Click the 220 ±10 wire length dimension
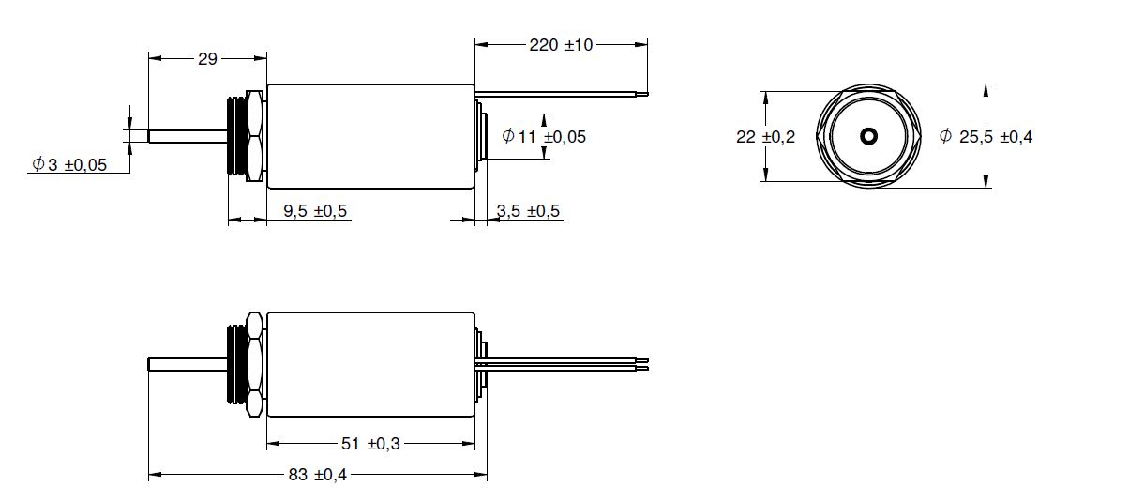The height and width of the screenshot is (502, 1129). point(561,45)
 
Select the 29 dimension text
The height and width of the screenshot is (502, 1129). point(207,59)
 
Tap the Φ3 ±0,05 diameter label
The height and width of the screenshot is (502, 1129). point(69,164)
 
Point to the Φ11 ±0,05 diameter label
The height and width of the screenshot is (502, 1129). point(544,136)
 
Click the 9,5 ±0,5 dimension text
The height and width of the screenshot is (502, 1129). point(315,210)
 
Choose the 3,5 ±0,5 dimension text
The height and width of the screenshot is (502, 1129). point(528,210)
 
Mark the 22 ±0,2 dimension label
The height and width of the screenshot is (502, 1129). point(765,137)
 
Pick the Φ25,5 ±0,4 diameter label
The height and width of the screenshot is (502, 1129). point(986,136)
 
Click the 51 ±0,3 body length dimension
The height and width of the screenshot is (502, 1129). point(370,444)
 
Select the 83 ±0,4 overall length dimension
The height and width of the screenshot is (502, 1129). point(318,474)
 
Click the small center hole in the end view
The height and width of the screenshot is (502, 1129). point(868,136)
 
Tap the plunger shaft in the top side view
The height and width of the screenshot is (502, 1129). point(188,136)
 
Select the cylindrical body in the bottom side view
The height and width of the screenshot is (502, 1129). point(370,364)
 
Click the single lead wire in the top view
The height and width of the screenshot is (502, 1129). point(561,94)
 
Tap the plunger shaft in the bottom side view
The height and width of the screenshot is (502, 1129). point(188,364)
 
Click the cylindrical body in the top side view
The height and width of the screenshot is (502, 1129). point(370,136)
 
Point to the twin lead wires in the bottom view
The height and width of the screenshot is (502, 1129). point(562,364)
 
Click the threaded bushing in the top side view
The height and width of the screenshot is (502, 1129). point(236,136)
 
